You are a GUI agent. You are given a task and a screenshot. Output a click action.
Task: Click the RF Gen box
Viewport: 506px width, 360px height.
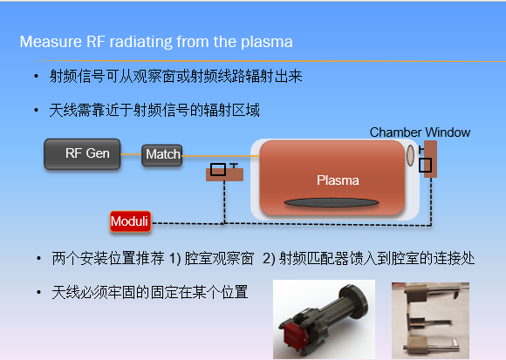point(82,154)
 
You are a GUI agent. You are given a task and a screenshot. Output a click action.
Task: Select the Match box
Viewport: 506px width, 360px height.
point(162,155)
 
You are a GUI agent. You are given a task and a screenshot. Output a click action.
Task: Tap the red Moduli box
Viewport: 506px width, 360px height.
point(130,221)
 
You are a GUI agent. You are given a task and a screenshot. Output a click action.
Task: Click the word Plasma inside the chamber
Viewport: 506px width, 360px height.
point(338,180)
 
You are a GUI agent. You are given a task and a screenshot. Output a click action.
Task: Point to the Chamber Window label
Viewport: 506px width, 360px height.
point(420,132)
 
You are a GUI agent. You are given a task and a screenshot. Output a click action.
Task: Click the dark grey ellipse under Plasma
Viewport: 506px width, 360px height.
point(332,202)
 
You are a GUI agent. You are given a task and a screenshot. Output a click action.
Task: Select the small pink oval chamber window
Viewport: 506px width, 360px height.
point(410,155)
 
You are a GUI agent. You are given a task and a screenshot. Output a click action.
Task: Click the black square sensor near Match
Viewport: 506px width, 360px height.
point(218,169)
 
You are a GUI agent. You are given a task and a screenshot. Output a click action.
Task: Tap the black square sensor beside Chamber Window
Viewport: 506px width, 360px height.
point(425,165)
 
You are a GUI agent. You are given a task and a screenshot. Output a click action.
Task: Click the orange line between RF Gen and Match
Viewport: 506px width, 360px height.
point(131,154)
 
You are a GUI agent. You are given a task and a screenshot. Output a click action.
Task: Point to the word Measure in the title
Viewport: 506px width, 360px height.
point(51,42)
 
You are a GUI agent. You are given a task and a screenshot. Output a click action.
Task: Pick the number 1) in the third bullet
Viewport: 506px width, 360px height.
point(174,259)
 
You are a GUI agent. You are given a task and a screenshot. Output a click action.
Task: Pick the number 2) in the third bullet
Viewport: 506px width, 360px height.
point(269,259)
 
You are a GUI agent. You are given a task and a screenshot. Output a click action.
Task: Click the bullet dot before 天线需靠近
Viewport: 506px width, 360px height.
point(36,110)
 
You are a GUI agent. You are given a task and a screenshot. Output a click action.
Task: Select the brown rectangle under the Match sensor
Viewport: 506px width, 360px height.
point(224,174)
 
